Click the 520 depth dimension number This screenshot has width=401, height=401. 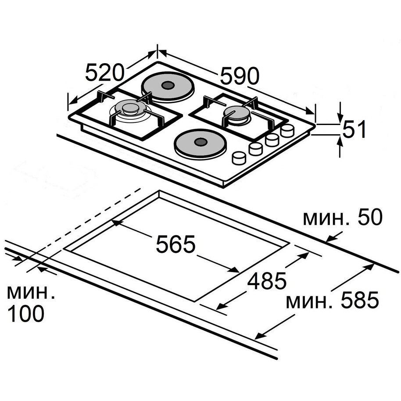click(x=104, y=73)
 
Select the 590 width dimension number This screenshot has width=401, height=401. click(x=240, y=76)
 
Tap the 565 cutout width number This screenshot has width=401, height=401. click(x=175, y=244)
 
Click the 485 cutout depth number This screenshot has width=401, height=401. click(x=267, y=280)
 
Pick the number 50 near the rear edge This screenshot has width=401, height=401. click(x=370, y=217)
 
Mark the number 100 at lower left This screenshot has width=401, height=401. click(x=26, y=314)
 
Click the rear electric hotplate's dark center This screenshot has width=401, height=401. click(x=168, y=85)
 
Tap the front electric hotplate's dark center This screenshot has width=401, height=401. click(x=200, y=142)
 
